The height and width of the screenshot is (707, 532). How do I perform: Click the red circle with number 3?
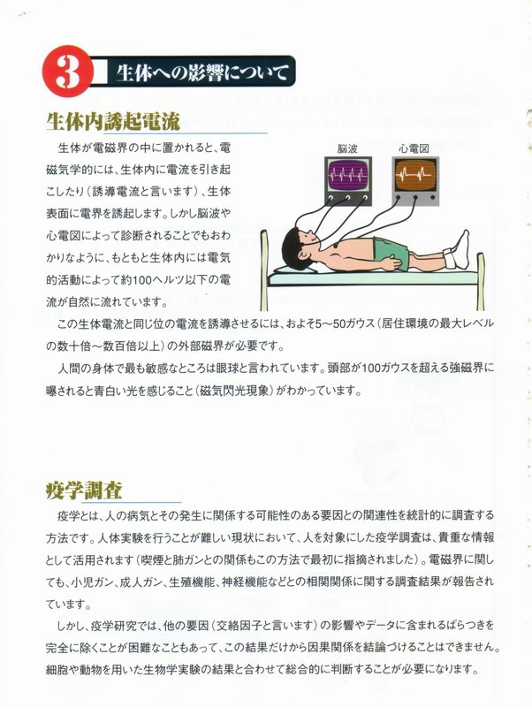pyautogui.click(x=68, y=71)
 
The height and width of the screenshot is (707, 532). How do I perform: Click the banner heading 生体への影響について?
pyautogui.click(x=202, y=72)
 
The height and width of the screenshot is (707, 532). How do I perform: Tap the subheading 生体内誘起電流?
pyautogui.click(x=113, y=121)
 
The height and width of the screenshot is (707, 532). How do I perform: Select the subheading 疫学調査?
pyautogui.click(x=84, y=490)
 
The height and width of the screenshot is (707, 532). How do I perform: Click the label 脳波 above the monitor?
pyautogui.click(x=347, y=148)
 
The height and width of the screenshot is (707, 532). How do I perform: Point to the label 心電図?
pyautogui.click(x=414, y=148)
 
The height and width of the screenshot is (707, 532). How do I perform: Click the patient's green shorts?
pyautogui.click(x=391, y=253)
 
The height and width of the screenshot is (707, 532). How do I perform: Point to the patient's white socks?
pyautogui.click(x=457, y=250)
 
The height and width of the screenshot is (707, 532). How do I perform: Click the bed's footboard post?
pyautogui.click(x=480, y=280)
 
